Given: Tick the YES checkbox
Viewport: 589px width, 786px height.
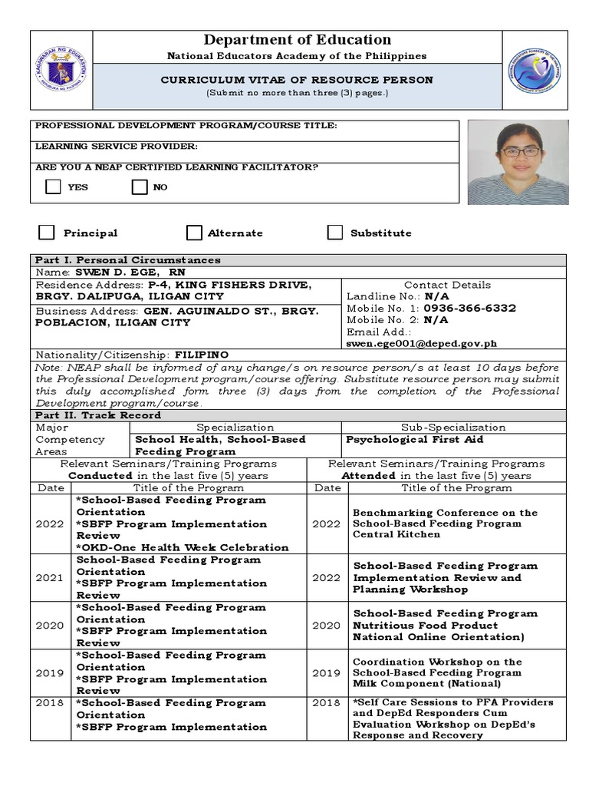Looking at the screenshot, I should point(53,187).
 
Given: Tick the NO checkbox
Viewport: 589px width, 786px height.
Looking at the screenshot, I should point(139,187).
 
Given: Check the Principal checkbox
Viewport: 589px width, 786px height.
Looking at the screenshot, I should point(47,233).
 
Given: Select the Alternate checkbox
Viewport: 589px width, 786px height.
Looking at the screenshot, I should point(194,233).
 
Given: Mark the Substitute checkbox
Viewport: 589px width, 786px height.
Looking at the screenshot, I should point(334,233).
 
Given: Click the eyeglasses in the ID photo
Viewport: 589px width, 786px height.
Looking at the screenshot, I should point(518,152).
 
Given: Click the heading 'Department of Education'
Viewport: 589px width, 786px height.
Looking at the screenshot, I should point(297,40).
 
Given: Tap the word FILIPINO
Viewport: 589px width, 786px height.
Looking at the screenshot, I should point(201,355).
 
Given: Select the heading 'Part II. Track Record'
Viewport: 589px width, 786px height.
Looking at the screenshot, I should point(98,415).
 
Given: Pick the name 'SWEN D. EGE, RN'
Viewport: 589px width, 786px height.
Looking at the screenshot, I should point(130,272).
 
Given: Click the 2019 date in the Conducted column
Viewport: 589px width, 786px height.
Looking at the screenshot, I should point(49,673).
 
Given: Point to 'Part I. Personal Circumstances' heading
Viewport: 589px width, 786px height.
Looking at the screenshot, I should point(128,260).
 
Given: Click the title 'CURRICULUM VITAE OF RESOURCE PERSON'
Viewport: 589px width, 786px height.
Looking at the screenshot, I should point(296,80).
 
